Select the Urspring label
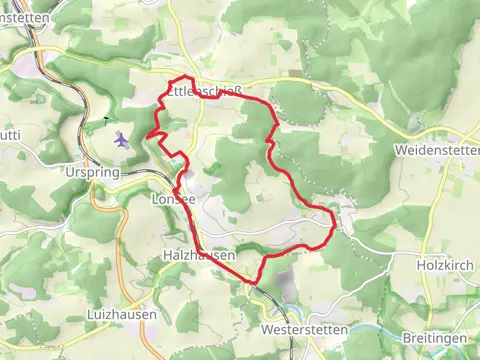pyautogui.click(x=119, y=172)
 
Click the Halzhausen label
pyautogui.click(x=198, y=256)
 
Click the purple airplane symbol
pyautogui.click(x=121, y=140)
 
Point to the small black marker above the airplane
pyautogui.click(x=103, y=121)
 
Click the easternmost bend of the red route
pyautogui.click(x=334, y=226)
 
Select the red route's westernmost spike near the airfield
pyautogui.click(x=147, y=136)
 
